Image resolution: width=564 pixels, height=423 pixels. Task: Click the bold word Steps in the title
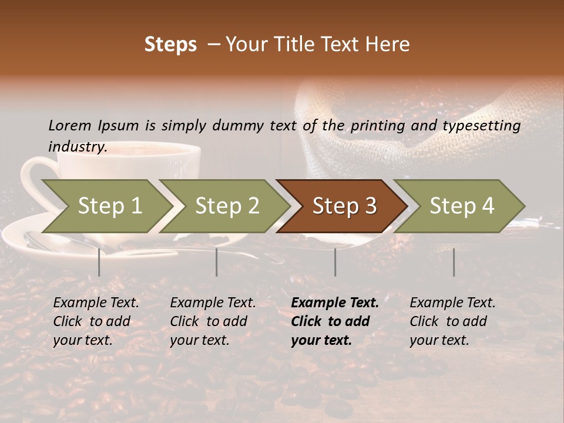pos(170,45)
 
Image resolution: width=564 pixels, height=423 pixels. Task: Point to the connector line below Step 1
pos(99,262)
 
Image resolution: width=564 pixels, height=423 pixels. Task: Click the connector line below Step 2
pos(217,262)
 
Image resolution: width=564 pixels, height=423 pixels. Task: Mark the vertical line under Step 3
pos(335,262)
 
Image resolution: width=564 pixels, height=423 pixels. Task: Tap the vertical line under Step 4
pos(454,262)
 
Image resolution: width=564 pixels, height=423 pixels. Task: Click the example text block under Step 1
pos(96,321)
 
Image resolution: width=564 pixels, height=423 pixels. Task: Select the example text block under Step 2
pos(213,321)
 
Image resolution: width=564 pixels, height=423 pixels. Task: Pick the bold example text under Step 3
pos(335,321)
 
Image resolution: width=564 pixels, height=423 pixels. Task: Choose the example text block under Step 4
pos(452,321)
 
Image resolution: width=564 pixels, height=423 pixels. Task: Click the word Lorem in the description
pos(70,125)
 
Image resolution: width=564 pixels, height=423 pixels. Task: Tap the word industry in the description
pos(77,147)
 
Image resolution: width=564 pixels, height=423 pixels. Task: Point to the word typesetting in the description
pos(482,126)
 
